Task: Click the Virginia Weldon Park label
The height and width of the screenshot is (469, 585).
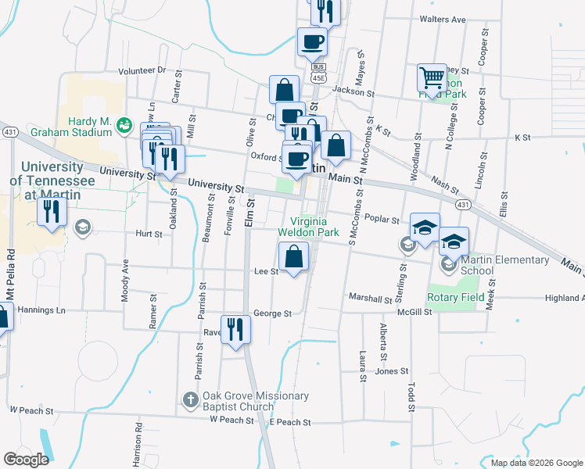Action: point(309,227)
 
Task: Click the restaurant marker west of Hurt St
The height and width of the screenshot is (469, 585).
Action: point(52,213)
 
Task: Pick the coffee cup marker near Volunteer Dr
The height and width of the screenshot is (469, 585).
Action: point(312,42)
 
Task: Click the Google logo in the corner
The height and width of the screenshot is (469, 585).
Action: point(26,459)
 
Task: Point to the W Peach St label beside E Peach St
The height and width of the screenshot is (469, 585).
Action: point(231,421)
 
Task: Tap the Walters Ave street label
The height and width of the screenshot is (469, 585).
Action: point(442,19)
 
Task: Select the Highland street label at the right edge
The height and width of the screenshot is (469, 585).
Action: point(564,298)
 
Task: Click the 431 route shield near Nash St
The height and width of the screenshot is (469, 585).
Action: point(463,205)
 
